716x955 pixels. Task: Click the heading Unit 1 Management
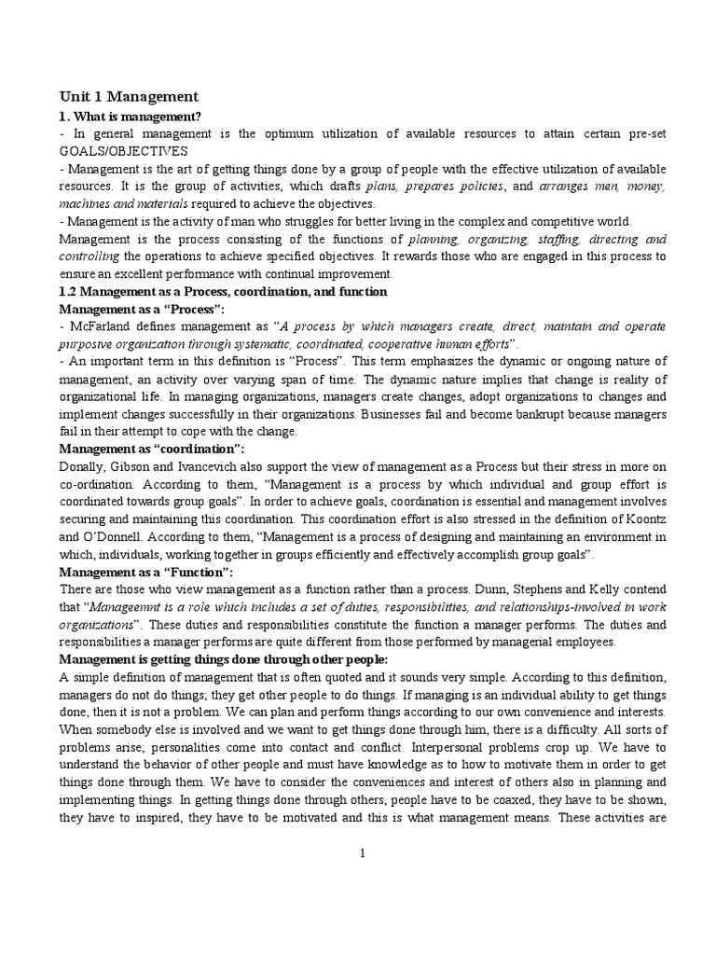[x=129, y=96]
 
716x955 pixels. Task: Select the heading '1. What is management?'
[x=130, y=117]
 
